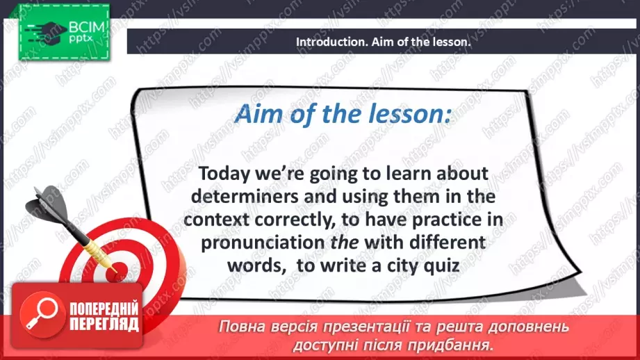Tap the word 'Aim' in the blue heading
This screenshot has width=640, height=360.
pyautogui.click(x=259, y=115)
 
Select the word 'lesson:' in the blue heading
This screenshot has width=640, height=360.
pyautogui.click(x=413, y=115)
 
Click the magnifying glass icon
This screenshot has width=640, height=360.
pyautogui.click(x=40, y=314)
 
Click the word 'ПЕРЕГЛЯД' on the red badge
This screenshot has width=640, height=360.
pyautogui.click(x=104, y=324)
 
